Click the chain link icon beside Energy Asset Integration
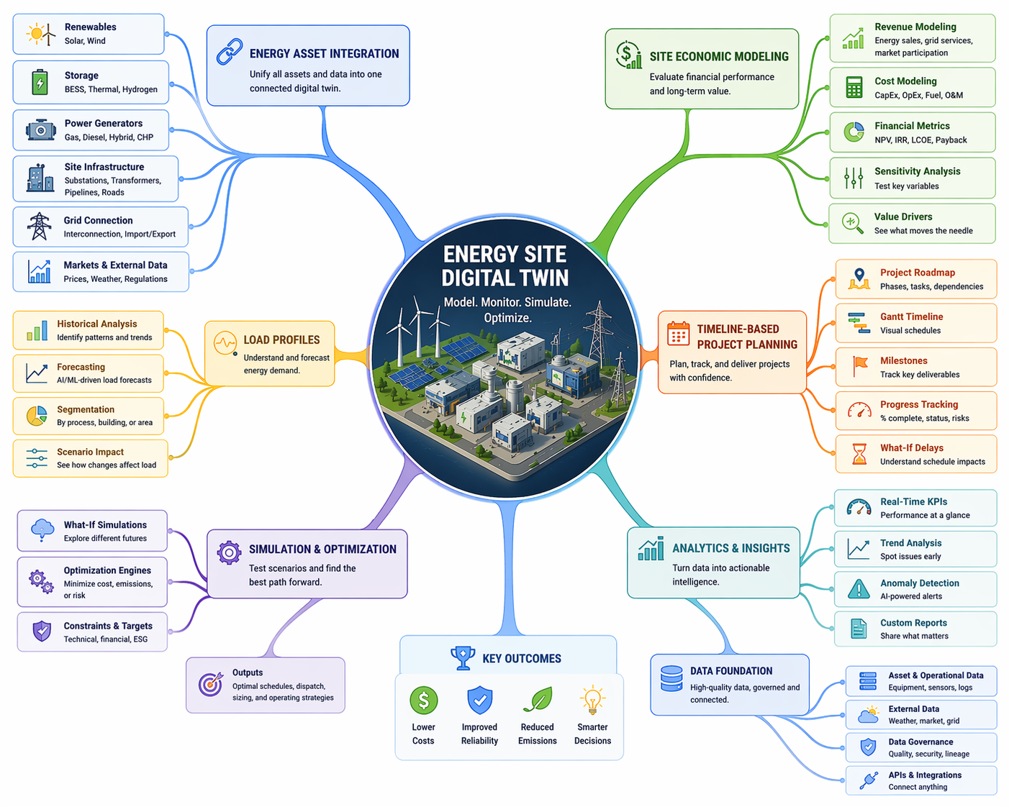230,53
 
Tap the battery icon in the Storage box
40,82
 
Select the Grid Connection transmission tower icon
39,227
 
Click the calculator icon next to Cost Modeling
854,87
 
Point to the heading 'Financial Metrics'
912,126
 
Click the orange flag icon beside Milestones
859,366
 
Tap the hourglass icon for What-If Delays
859,454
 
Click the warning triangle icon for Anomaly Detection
859,589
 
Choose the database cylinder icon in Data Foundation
671,678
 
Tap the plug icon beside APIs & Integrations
869,780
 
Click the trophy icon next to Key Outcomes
463,657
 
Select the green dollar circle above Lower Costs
423,700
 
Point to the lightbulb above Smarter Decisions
592,700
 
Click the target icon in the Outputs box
210,684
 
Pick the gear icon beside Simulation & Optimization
229,552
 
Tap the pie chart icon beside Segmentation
37,416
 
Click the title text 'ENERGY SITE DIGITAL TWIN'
505,266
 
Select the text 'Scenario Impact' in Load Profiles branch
90,452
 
